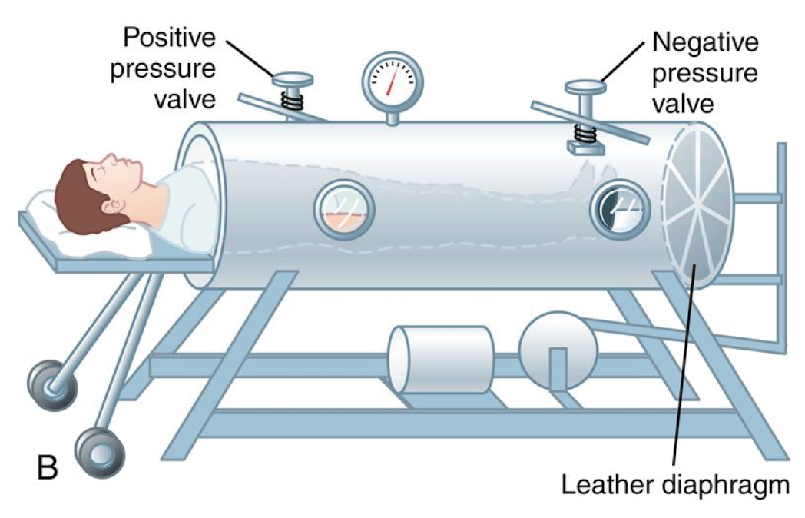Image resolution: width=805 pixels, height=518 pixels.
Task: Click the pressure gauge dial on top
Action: coord(393,81)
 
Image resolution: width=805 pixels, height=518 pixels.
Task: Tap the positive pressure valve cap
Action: coord(293,79)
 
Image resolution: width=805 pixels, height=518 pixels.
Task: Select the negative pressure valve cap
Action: coord(585,86)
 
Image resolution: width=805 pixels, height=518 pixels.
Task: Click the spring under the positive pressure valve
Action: coord(293,100)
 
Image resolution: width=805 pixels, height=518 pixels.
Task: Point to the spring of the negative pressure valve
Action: coord(586,132)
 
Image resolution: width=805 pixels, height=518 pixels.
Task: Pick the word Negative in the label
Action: coord(704,41)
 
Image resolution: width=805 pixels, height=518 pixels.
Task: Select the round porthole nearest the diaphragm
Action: coord(620,208)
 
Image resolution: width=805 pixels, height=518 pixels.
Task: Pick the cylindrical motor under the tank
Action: coord(439,359)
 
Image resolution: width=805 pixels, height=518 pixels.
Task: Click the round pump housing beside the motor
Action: coord(558,350)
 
